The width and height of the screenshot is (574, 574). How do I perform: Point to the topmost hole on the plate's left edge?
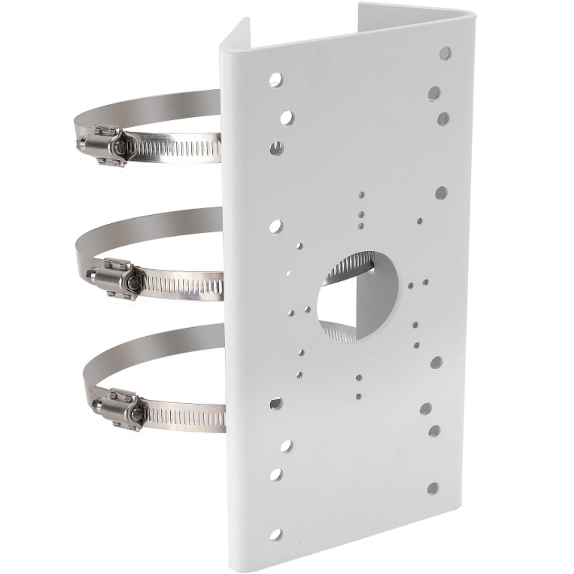[x=276, y=79]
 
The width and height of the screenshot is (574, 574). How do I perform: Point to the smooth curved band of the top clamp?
[x=143, y=103]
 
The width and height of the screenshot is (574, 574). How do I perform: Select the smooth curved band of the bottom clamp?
[x=143, y=344]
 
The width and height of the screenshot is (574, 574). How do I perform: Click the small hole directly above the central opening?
[x=362, y=225]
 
